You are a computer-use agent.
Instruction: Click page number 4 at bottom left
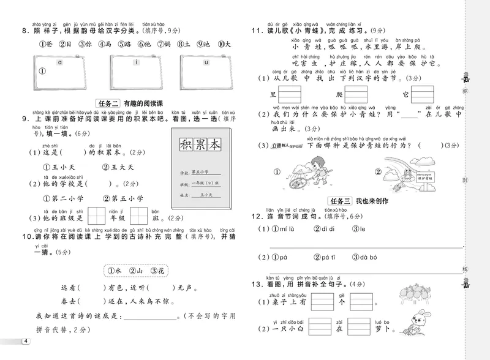pyautogui.click(x=24, y=341)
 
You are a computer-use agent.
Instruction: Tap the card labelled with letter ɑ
pyautogui.click(x=58, y=70)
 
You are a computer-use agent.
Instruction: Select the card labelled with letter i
pyautogui.click(x=135, y=70)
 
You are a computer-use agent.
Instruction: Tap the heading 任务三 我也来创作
pyautogui.click(x=358, y=201)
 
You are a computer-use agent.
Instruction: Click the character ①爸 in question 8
pyautogui.click(x=46, y=44)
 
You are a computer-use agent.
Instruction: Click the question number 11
pyautogui.click(x=257, y=31)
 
